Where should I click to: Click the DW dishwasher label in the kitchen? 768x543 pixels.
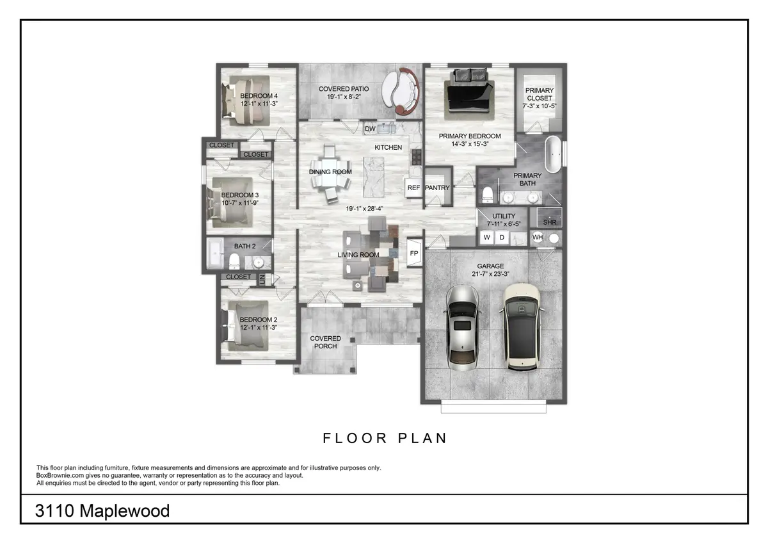coord(370,129)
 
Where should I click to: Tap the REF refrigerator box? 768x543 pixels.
coord(413,188)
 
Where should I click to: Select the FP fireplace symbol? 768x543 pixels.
coord(414,253)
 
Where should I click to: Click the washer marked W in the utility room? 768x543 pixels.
coord(487,238)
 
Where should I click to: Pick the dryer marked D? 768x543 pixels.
coord(502,238)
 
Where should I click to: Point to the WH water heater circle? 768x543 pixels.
coord(538,237)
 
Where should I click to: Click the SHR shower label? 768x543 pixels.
coord(550,222)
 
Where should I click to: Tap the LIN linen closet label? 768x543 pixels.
coord(262,280)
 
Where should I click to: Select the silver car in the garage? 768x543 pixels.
coord(463,328)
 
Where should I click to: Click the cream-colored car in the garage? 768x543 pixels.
coord(522,327)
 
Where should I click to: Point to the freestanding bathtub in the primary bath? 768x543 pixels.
coord(553,154)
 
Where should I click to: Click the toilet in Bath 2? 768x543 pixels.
coord(234,261)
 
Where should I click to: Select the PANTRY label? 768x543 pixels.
coord(437,188)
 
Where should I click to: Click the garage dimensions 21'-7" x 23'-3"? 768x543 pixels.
coord(490,273)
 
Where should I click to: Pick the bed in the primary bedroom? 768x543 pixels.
coord(469,93)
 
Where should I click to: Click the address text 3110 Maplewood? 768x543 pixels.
coord(102,511)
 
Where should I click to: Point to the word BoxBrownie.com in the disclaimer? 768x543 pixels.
coord(60,475)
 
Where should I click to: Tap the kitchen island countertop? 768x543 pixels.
coord(373,177)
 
